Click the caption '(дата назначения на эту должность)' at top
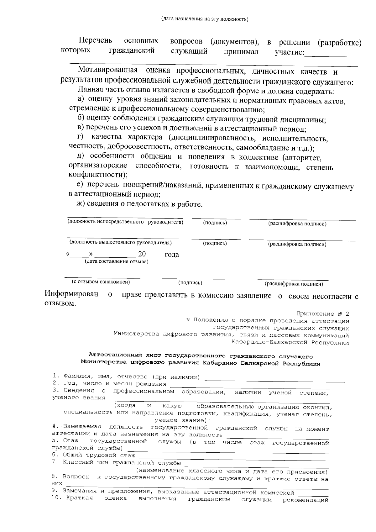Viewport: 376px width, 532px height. pos(204,19)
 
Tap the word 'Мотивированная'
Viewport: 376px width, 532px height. pos(108,70)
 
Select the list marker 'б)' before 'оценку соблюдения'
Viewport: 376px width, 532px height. pos(81,118)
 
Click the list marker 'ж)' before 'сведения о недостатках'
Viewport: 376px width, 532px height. pos(81,204)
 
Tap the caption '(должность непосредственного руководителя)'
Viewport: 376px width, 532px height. pos(125,222)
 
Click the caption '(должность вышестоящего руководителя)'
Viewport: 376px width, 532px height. pos(121,242)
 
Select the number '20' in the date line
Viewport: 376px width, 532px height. pos(142,254)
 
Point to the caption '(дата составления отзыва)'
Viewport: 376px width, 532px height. pos(117,261)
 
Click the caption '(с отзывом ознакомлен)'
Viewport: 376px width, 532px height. pos(101,282)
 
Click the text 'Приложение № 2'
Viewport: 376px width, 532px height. pos(322,314)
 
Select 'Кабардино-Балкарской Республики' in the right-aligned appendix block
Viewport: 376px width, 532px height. pos(290,342)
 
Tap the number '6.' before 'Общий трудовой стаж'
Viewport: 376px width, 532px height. pos(55,455)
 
